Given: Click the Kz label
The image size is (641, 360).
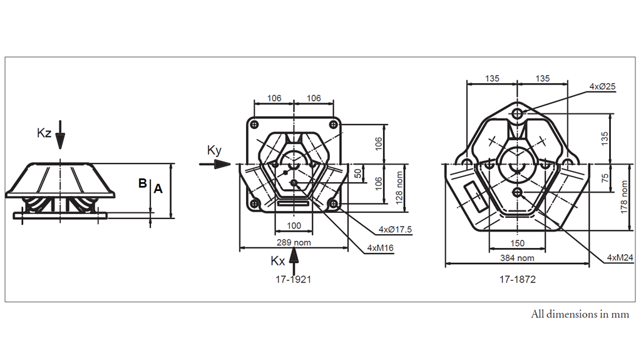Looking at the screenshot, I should point(44,133).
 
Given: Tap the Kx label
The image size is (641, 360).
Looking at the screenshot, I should point(278,260).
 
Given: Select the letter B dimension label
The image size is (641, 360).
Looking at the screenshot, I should point(142,183).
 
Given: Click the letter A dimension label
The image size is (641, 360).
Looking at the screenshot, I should point(158,188).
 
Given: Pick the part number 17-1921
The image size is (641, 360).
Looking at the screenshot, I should point(293,279).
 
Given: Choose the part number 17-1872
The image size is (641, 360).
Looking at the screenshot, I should point(517,279).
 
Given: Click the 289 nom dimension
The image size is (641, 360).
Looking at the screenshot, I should point(294,242).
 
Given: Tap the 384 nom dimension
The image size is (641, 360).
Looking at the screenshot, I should point(517,258).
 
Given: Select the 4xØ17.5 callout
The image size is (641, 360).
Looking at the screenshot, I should point(395,230).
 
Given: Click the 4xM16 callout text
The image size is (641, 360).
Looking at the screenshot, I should point(380,248).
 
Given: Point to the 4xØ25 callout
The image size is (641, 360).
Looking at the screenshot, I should point(602,86).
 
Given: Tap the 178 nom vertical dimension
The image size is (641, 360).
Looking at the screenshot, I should point(623,197).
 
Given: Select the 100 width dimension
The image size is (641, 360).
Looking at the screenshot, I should point(294,225).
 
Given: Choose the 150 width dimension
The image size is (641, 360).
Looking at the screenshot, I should point(517,243).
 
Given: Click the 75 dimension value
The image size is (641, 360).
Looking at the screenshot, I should point(605,178).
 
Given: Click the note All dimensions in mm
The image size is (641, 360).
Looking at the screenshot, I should point(580,314).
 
